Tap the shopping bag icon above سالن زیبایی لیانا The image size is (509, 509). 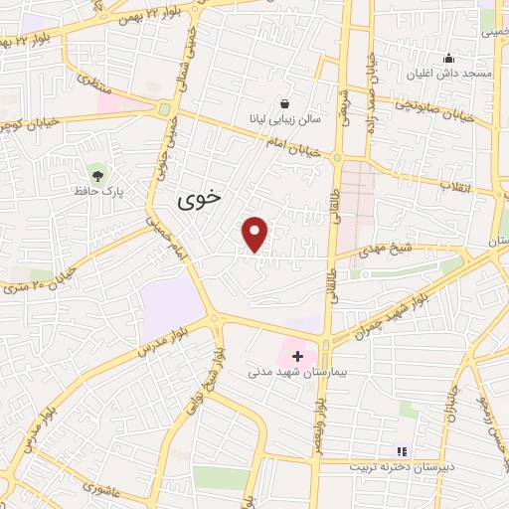pos(285,103)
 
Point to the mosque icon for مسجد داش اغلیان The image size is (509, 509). pos(449,58)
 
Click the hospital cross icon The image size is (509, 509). pos(297,355)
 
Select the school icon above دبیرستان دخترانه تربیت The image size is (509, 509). pos(402,450)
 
